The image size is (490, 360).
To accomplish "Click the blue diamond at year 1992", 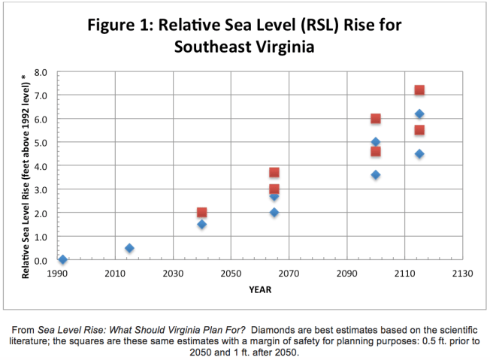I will [62, 260].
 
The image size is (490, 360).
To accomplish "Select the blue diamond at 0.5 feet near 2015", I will [129, 248].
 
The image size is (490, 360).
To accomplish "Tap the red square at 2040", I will [201, 213].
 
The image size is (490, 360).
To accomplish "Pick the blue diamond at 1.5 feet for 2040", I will [201, 225].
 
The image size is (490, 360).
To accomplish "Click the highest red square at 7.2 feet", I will [419, 90].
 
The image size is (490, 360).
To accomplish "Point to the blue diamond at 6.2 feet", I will [419, 114].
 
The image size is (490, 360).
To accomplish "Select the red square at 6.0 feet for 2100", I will [376, 119].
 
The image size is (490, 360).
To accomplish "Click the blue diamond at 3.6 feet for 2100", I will [376, 175].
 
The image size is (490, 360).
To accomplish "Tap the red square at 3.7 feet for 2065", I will [274, 173].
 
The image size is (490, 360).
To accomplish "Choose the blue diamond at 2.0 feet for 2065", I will [274, 213].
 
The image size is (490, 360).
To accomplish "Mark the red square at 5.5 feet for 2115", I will [419, 130].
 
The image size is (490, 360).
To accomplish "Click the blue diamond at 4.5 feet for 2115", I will [419, 154].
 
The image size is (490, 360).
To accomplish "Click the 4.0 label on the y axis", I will [42, 166].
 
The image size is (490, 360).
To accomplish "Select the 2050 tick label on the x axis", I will [231, 274].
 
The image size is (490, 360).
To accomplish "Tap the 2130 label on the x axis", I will [462, 274].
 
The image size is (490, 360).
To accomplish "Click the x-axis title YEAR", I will [259, 289].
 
